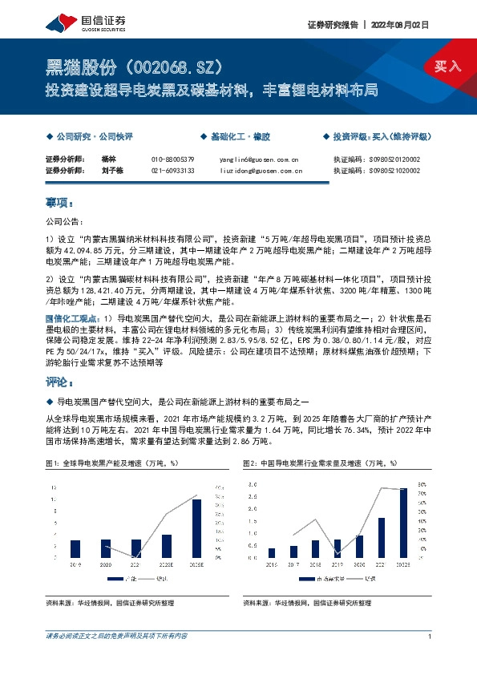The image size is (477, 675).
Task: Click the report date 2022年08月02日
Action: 401,25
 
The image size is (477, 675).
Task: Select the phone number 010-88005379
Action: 173,160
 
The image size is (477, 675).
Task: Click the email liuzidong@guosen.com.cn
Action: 261,171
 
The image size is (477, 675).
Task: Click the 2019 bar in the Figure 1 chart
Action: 75,548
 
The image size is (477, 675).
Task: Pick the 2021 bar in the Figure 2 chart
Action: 381,537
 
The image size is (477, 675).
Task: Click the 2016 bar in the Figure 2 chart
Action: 272,552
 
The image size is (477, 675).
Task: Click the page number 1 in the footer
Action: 431,637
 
